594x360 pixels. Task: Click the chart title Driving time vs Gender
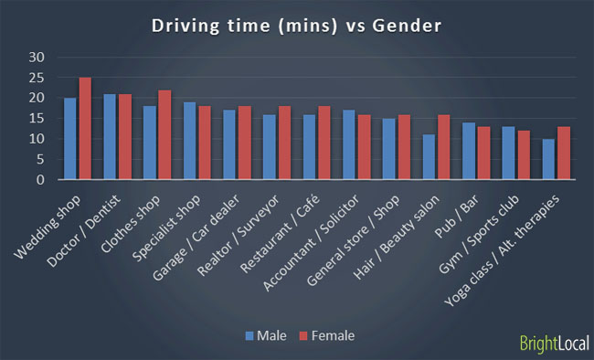pos(297,25)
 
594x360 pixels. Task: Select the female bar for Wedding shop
pos(85,129)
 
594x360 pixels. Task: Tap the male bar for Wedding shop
pos(70,139)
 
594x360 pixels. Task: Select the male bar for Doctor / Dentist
pos(110,137)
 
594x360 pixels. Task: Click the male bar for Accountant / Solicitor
pos(348,145)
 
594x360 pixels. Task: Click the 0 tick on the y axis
pos(40,180)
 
